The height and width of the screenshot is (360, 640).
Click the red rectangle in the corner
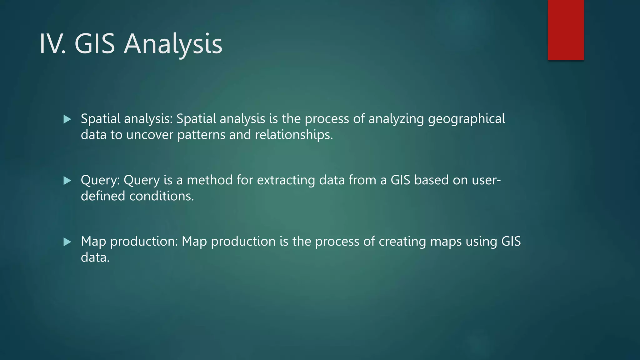click(566, 30)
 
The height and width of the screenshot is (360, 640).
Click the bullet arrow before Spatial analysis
click(67, 119)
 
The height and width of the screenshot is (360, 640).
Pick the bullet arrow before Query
click(67, 180)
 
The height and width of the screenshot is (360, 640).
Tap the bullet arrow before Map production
click(67, 242)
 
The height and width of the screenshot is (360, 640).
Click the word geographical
click(466, 119)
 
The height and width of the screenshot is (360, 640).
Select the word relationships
click(294, 135)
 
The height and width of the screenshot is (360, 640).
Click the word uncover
click(149, 135)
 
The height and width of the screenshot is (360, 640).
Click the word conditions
click(162, 196)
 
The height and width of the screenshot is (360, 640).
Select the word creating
click(402, 242)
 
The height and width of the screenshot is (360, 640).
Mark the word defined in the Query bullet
click(103, 196)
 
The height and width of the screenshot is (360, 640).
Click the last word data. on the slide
click(95, 257)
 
